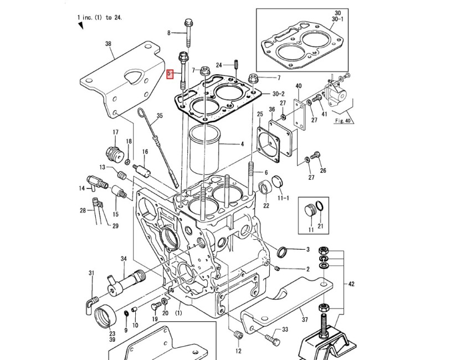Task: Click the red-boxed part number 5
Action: pyautogui.click(x=171, y=73)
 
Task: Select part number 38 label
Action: pyautogui.click(x=108, y=44)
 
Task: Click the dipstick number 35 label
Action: pyautogui.click(x=160, y=116)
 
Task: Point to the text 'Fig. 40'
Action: pyautogui.click(x=344, y=120)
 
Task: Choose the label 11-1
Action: pyautogui.click(x=283, y=198)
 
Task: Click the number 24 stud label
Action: pyautogui.click(x=219, y=65)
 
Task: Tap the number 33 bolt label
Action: pyautogui.click(x=285, y=330)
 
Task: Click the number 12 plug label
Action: pyautogui.click(x=238, y=351)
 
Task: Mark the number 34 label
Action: pyautogui.click(x=124, y=259)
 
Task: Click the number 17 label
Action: pyautogui.click(x=115, y=132)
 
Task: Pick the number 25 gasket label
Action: pyautogui.click(x=260, y=114)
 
